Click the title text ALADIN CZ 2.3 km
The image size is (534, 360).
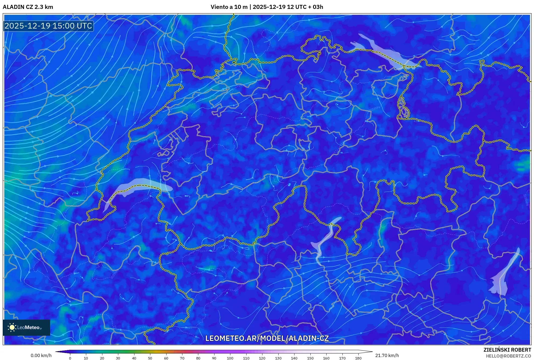coord(28,7)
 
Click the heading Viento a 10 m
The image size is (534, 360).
coord(229,7)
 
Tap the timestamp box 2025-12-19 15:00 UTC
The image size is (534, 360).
coord(48,26)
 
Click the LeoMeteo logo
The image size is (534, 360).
coord(26,327)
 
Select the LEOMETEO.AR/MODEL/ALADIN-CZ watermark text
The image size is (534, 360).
coord(267,338)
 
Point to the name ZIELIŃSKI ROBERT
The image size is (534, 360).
coord(507,350)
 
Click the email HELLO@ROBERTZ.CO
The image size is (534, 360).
coord(508,356)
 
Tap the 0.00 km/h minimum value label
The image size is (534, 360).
coord(41,355)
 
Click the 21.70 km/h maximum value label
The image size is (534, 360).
coord(387,355)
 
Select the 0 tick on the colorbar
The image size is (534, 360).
coord(70,358)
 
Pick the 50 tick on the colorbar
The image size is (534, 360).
coord(150,358)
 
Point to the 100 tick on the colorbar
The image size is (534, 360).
coord(230,358)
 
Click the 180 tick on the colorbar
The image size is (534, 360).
coord(358,358)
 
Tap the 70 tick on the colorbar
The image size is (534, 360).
coord(182,358)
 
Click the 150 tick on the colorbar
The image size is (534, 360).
coord(310,358)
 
